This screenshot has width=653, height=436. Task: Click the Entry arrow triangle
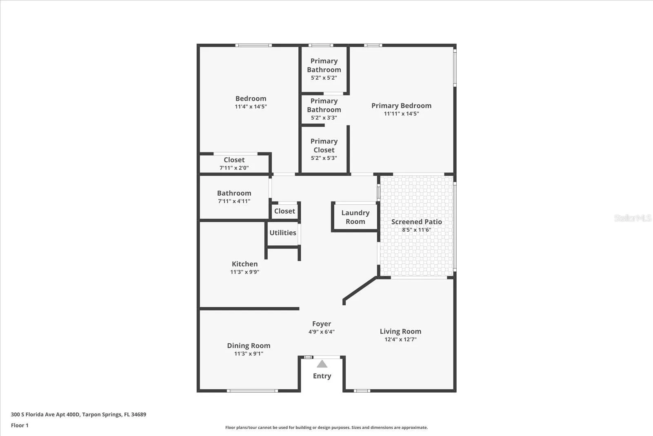coord(322,364)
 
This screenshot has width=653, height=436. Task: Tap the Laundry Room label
coord(355,217)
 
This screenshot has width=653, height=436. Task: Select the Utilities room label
coord(283,233)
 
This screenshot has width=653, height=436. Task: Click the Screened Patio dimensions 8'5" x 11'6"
coord(416,230)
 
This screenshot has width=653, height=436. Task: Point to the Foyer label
coord(322,324)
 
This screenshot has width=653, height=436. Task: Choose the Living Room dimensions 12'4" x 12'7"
coord(400,339)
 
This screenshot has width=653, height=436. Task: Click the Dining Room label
coord(249,346)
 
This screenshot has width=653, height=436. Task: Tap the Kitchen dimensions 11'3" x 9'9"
coord(244,272)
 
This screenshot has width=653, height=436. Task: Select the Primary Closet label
coord(324,145)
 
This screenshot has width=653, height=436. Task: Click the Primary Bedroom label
coord(402,105)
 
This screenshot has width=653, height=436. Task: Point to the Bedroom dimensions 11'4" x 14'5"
coord(251,106)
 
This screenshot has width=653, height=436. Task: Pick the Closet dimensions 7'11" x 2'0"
coord(234,168)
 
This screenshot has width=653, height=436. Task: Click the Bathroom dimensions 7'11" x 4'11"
coord(234,201)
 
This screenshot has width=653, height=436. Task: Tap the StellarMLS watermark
coord(633,218)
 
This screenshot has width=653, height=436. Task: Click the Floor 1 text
coord(20,425)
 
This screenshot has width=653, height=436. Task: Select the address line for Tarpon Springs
coord(79,414)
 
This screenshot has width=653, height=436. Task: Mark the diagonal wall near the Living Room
coord(360,288)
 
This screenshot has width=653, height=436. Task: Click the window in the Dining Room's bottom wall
coord(253,391)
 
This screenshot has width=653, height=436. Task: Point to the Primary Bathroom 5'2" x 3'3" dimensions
coord(324,118)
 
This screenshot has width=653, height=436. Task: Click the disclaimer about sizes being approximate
coord(326,427)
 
